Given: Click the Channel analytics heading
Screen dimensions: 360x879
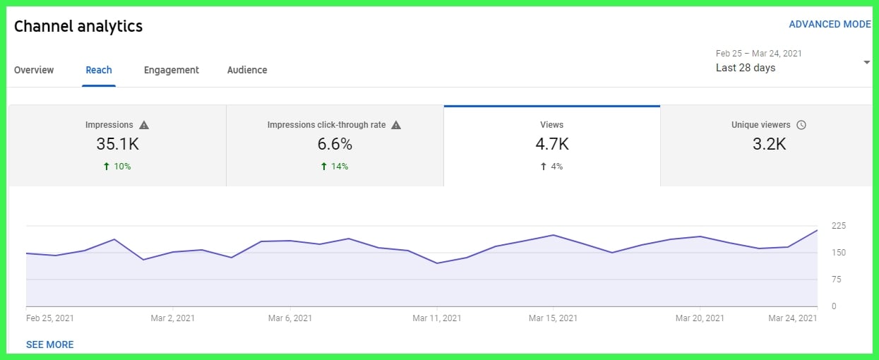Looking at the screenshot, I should click(x=78, y=27).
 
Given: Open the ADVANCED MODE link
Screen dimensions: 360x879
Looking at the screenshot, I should click(x=830, y=24).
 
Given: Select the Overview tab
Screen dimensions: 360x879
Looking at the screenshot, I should click(x=34, y=70).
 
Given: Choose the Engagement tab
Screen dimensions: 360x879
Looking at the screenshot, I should click(x=172, y=70).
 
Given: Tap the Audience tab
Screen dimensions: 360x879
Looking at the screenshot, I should click(x=247, y=70).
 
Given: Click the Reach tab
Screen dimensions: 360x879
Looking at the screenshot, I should click(x=99, y=70).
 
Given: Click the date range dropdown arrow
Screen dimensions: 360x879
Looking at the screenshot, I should click(x=867, y=63).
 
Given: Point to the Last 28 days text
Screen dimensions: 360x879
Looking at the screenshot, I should click(x=746, y=68).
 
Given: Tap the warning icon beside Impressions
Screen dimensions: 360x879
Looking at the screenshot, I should click(x=144, y=125).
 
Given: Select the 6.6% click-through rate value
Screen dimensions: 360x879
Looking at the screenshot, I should click(x=335, y=144).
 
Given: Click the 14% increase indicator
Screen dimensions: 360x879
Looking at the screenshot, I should click(x=335, y=167).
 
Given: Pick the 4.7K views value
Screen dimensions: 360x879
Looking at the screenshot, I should click(x=551, y=144).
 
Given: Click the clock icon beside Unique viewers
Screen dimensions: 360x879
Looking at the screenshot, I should click(x=801, y=125).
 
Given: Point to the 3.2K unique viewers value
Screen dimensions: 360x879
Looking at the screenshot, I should click(x=768, y=144).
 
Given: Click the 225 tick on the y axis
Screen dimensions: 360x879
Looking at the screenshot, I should click(x=839, y=226).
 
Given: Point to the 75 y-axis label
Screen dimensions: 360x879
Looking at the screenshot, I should click(x=836, y=280).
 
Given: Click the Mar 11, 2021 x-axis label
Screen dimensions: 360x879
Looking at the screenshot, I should click(x=437, y=318).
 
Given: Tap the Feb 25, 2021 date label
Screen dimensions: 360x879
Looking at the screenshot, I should click(x=49, y=318).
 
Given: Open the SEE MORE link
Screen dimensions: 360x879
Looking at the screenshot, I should click(x=49, y=344).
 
